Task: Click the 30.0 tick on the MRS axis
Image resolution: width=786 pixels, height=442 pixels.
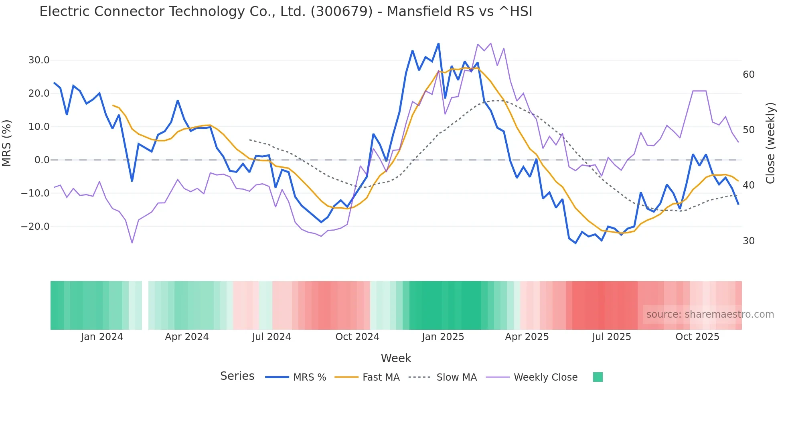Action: pos(38,60)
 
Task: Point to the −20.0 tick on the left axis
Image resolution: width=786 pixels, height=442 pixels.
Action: pos(35,227)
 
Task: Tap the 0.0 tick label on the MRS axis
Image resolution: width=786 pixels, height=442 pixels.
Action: pos(42,160)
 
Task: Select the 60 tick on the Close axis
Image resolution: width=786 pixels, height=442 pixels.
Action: pos(748,75)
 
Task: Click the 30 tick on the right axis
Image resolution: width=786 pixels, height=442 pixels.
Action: pos(748,241)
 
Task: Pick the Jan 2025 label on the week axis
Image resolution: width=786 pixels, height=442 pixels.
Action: pos(443,337)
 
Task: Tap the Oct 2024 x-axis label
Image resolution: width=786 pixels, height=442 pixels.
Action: pos(357,337)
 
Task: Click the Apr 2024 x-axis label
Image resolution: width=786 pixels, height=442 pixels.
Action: pos(187,337)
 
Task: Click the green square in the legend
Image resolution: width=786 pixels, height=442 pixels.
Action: pos(598,377)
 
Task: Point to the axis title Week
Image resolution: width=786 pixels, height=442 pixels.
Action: pos(396,358)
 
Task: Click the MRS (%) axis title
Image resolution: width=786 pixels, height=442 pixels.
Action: pos(7,143)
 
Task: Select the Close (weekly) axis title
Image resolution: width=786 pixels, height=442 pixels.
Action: pos(770,143)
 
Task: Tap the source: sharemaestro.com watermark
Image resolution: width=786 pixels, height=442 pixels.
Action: pos(710,314)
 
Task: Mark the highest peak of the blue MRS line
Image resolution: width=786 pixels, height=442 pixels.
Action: pos(438,43)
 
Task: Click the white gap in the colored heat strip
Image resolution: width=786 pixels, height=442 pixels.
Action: pos(145,305)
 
